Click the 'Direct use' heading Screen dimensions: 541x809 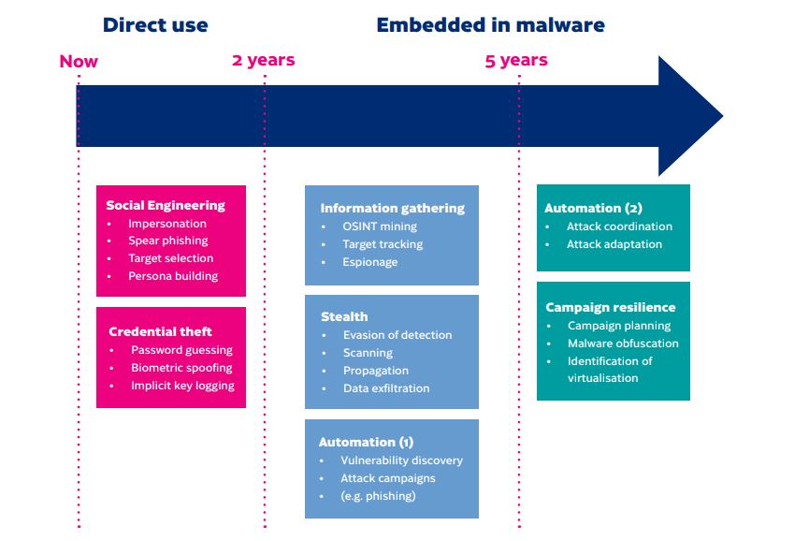pos(155,25)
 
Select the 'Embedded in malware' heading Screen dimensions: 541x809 pos(490,25)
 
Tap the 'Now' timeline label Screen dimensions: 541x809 pos(79,62)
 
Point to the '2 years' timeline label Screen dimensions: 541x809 pos(263,60)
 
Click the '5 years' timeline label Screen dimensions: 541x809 pos(516,61)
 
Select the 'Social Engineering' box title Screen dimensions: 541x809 pos(166,205)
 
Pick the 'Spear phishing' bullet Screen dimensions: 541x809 pos(167,241)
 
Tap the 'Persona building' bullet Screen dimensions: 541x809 pos(173,276)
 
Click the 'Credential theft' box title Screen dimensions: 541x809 pos(160,331)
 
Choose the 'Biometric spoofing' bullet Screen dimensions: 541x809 pos(181,368)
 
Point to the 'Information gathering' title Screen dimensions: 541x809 pos(392,208)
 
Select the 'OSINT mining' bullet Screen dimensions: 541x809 pos(380,227)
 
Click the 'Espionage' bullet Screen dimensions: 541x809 pos(369,262)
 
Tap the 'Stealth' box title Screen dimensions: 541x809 pos(344,316)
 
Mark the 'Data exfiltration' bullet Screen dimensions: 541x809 pos(386,388)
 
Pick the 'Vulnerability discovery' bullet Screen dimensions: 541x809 pos(401,461)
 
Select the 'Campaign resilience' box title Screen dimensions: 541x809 pos(610,307)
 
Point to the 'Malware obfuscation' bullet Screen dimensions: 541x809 pos(623,344)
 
